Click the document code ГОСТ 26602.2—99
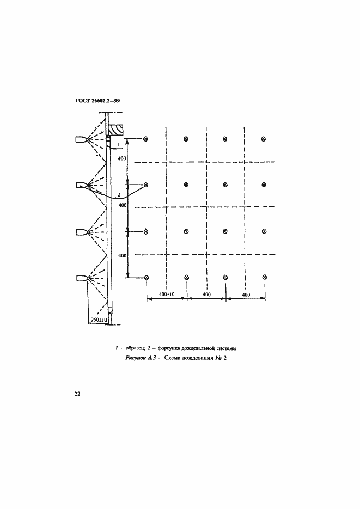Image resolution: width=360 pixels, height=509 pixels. pyautogui.click(x=97, y=101)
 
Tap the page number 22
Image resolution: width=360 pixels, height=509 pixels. pyautogui.click(x=77, y=394)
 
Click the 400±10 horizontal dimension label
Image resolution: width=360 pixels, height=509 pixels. pyautogui.click(x=167, y=295)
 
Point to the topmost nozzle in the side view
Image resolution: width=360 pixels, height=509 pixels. pyautogui.click(x=82, y=139)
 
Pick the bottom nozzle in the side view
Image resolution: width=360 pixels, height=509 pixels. pyautogui.click(x=82, y=278)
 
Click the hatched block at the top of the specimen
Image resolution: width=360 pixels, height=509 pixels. pyautogui.click(x=115, y=130)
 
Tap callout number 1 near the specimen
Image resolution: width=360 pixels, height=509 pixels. pyautogui.click(x=118, y=143)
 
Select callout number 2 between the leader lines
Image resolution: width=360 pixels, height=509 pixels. pyautogui.click(x=119, y=194)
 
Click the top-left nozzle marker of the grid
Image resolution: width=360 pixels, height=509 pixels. pyautogui.click(x=146, y=139)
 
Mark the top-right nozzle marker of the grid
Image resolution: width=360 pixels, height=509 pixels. pyautogui.click(x=264, y=139)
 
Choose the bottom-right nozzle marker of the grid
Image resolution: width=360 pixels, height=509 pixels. pyautogui.click(x=265, y=277)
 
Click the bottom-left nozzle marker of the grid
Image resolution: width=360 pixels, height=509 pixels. pyautogui.click(x=147, y=278)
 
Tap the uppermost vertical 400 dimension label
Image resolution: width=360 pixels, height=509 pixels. pyautogui.click(x=123, y=159)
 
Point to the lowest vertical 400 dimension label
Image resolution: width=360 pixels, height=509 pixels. pyautogui.click(x=123, y=256)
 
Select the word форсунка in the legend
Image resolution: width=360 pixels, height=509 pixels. pyautogui.click(x=168, y=348)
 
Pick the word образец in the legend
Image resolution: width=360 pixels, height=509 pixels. pyautogui.click(x=133, y=348)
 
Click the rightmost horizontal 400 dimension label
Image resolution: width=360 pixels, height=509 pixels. pyautogui.click(x=246, y=295)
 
